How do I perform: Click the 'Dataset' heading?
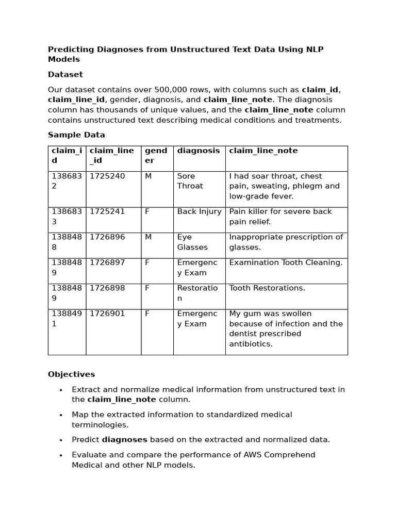65,74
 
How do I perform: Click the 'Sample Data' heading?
76,135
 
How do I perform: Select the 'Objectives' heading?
71,374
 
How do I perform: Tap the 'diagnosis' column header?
199,151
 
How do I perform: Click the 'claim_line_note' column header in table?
263,151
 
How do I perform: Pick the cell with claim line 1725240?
107,176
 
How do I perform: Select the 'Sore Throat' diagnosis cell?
190,181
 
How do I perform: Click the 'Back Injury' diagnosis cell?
199,211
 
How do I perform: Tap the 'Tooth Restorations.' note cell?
267,288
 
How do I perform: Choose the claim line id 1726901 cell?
107,313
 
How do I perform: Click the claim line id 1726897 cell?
107,262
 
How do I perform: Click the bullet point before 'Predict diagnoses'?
61,440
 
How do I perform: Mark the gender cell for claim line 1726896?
147,237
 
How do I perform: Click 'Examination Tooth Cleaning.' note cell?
286,262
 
